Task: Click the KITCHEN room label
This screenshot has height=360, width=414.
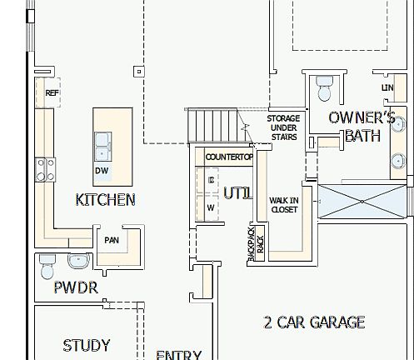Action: point(105,200)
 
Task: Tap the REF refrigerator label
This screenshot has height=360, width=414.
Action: point(52,93)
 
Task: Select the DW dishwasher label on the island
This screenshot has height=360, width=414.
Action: point(102,171)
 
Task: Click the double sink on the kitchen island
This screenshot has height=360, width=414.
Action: point(104,146)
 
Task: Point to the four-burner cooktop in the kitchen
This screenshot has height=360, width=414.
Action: point(44,170)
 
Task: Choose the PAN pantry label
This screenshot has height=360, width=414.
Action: point(112,240)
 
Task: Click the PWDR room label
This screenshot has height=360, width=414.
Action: point(76,288)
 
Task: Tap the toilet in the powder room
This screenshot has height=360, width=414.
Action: point(47,266)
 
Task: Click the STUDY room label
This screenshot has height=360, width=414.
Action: point(87,345)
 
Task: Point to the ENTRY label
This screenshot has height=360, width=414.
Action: point(178,355)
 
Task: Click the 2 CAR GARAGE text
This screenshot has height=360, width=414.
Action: point(314,322)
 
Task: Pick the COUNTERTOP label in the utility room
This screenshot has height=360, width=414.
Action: point(228,157)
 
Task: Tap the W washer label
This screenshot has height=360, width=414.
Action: point(211,207)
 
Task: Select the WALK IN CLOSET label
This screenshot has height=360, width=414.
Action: point(284,205)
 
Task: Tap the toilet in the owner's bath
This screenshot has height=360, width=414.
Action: point(323,87)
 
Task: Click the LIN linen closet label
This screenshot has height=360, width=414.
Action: point(387,87)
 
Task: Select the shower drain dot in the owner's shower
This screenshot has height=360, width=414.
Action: point(362,201)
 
